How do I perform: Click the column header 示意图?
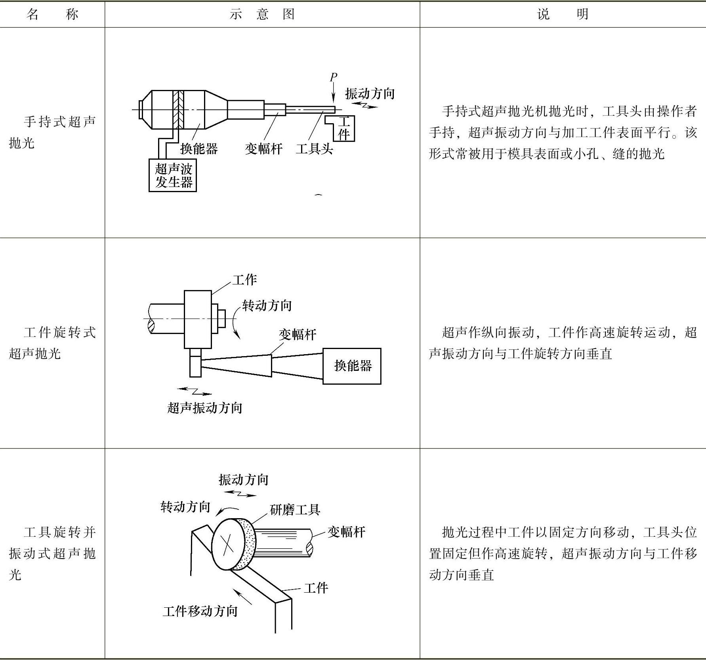262,14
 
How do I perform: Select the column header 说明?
563,14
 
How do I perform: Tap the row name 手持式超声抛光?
52,132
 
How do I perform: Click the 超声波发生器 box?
173,175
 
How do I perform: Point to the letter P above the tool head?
334,77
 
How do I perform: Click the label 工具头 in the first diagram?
314,149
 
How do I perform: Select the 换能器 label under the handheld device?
199,149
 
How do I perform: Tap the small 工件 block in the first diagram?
343,128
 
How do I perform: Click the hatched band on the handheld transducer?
178,110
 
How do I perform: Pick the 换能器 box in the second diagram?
352,366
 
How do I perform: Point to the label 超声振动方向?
204,408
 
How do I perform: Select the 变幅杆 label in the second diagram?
298,335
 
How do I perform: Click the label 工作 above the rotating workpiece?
244,280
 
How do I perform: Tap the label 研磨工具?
295,509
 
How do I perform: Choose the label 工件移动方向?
200,611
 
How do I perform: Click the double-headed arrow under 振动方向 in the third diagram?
240,494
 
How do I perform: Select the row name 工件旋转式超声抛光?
52,343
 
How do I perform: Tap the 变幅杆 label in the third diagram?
346,532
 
